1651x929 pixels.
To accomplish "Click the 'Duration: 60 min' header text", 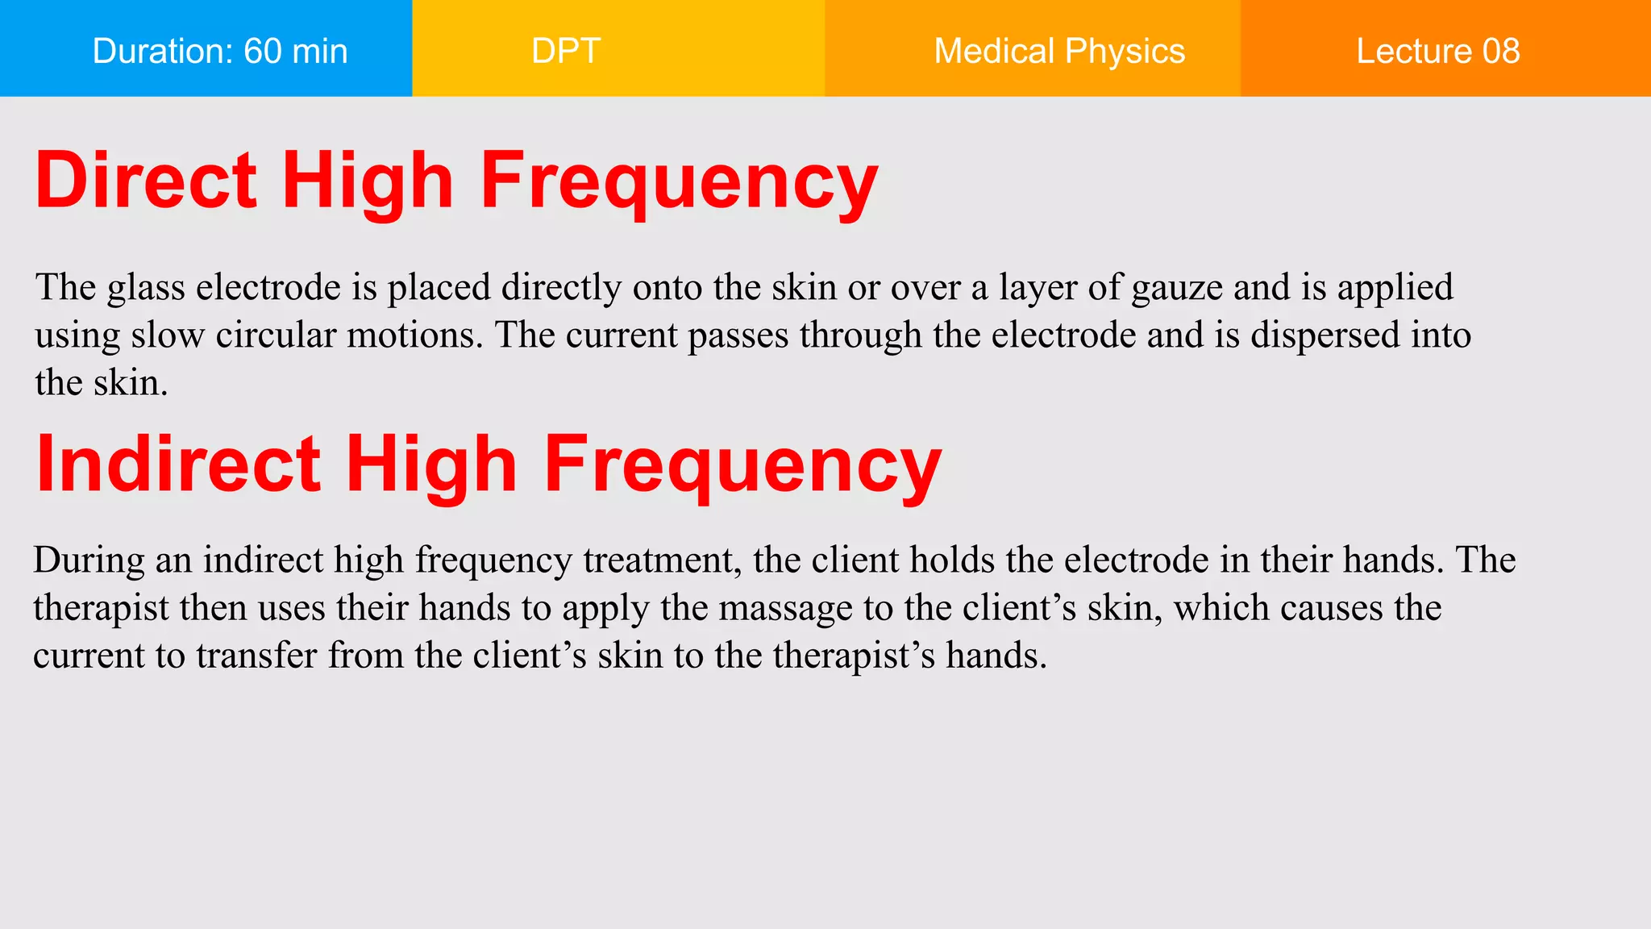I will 220,51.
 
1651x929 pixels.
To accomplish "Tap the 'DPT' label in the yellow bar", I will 566,51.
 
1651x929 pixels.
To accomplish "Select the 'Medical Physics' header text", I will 1059,51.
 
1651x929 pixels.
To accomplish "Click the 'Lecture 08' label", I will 1438,51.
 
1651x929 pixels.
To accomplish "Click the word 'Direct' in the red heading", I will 146,181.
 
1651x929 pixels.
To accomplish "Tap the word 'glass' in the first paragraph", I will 146,288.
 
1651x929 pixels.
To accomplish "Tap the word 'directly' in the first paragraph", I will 561,288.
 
